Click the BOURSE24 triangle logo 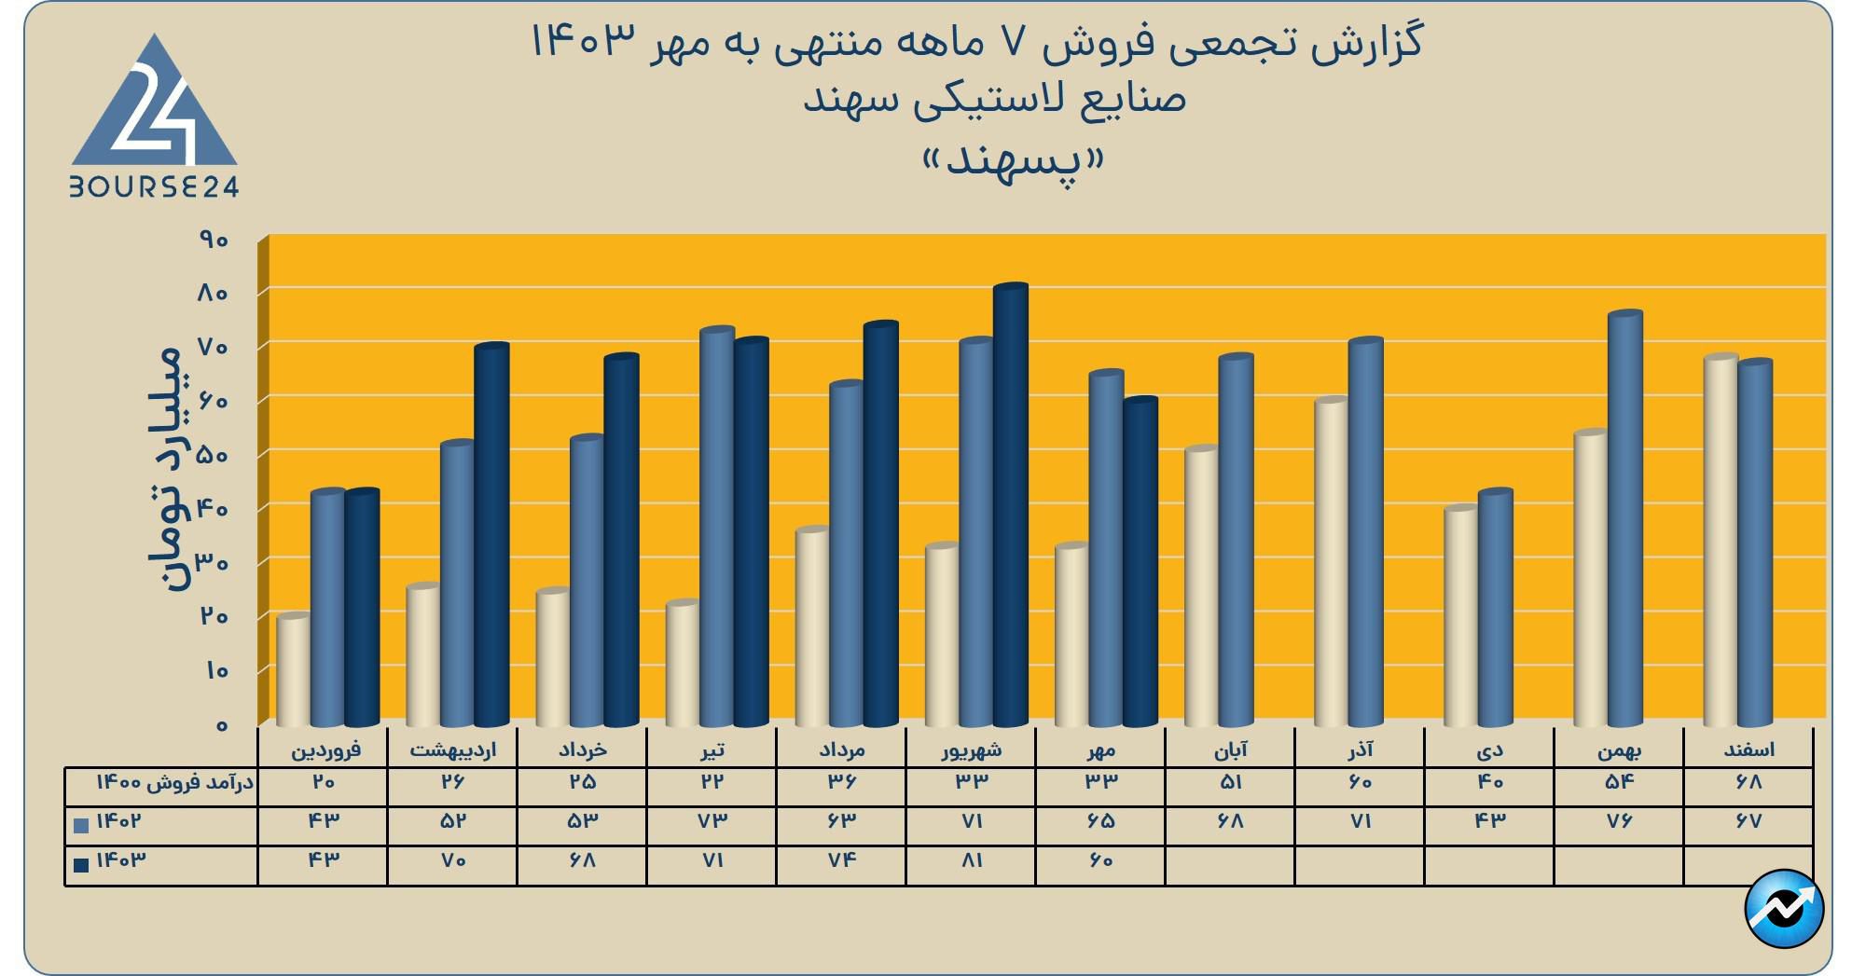pos(155,117)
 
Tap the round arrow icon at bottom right pos(1783,908)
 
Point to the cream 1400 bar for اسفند pos(1721,541)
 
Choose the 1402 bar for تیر pos(717,527)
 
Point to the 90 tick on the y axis pos(214,241)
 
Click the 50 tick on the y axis pos(214,455)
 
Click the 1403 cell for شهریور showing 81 pos(971,860)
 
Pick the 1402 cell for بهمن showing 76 pos(1619,821)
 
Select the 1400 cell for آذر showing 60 pos(1360,782)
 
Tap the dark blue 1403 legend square pos(81,865)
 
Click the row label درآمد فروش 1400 pos(175,783)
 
